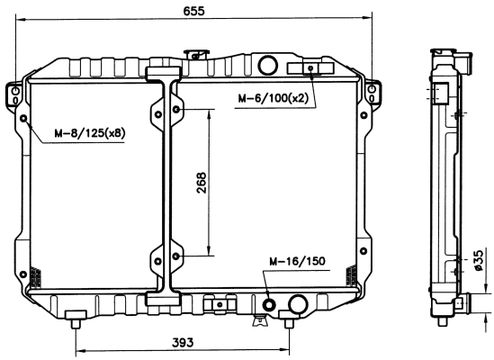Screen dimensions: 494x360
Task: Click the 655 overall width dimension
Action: pyautogui.click(x=193, y=11)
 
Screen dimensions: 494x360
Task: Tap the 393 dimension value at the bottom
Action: pyautogui.click(x=183, y=342)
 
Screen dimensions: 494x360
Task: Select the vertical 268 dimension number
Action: pyautogui.click(x=201, y=183)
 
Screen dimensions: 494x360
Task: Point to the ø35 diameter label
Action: pyautogui.click(x=478, y=260)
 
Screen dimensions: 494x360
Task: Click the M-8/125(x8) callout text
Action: pyautogui.click(x=90, y=133)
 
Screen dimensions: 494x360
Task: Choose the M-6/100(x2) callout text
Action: pyautogui.click(x=273, y=98)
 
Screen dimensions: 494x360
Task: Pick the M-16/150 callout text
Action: pyautogui.click(x=297, y=261)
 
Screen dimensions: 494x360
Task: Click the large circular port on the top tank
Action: pyautogui.click(x=268, y=65)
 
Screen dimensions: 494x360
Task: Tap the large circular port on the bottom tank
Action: pyautogui.click(x=298, y=303)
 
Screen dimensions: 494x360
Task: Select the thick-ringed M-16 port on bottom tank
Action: pyautogui.click(x=269, y=304)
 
